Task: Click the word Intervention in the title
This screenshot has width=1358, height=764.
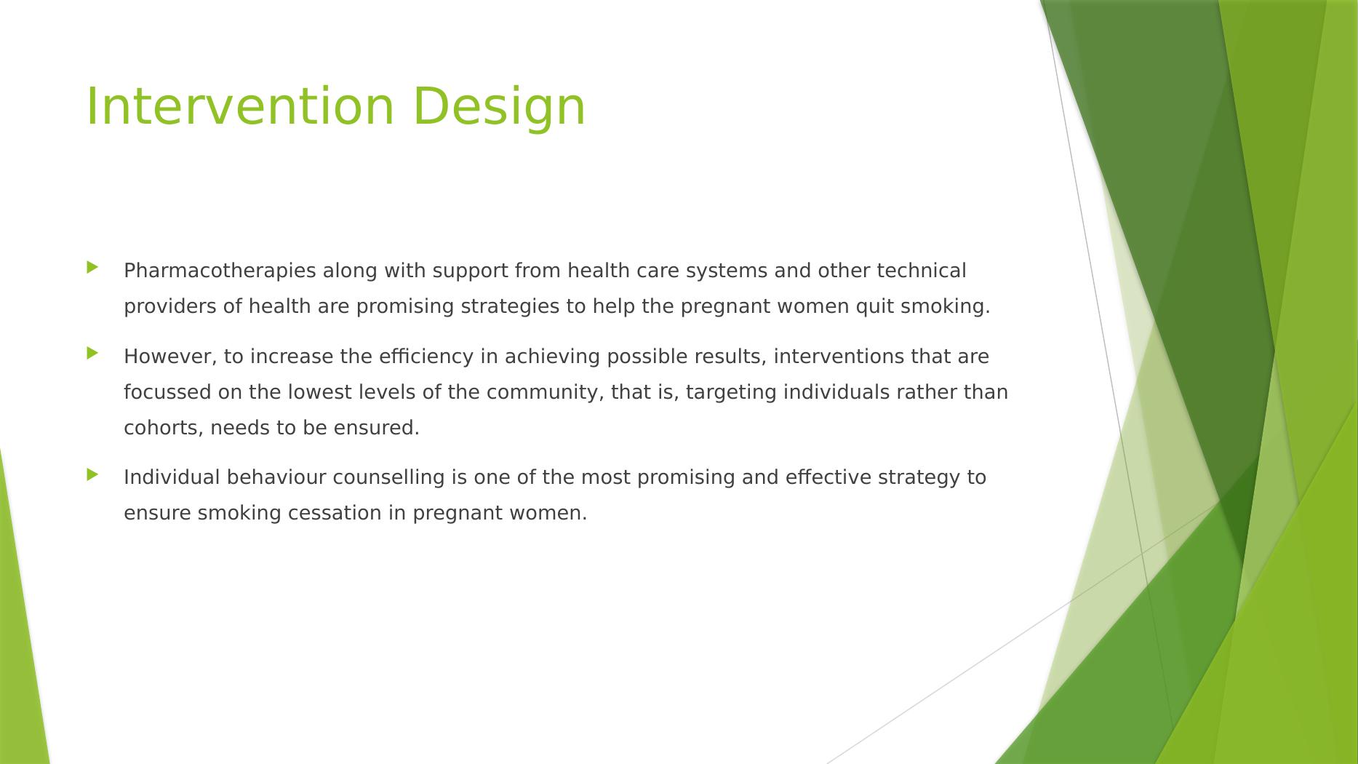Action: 240,106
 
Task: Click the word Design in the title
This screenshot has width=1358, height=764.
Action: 499,106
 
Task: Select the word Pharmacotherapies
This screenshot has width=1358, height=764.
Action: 220,271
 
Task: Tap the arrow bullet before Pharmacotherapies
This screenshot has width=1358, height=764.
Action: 92,268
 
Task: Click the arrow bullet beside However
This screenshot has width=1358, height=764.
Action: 92,354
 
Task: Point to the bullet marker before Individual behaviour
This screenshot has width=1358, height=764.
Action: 92,474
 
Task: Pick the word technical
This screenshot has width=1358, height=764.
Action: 922,271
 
